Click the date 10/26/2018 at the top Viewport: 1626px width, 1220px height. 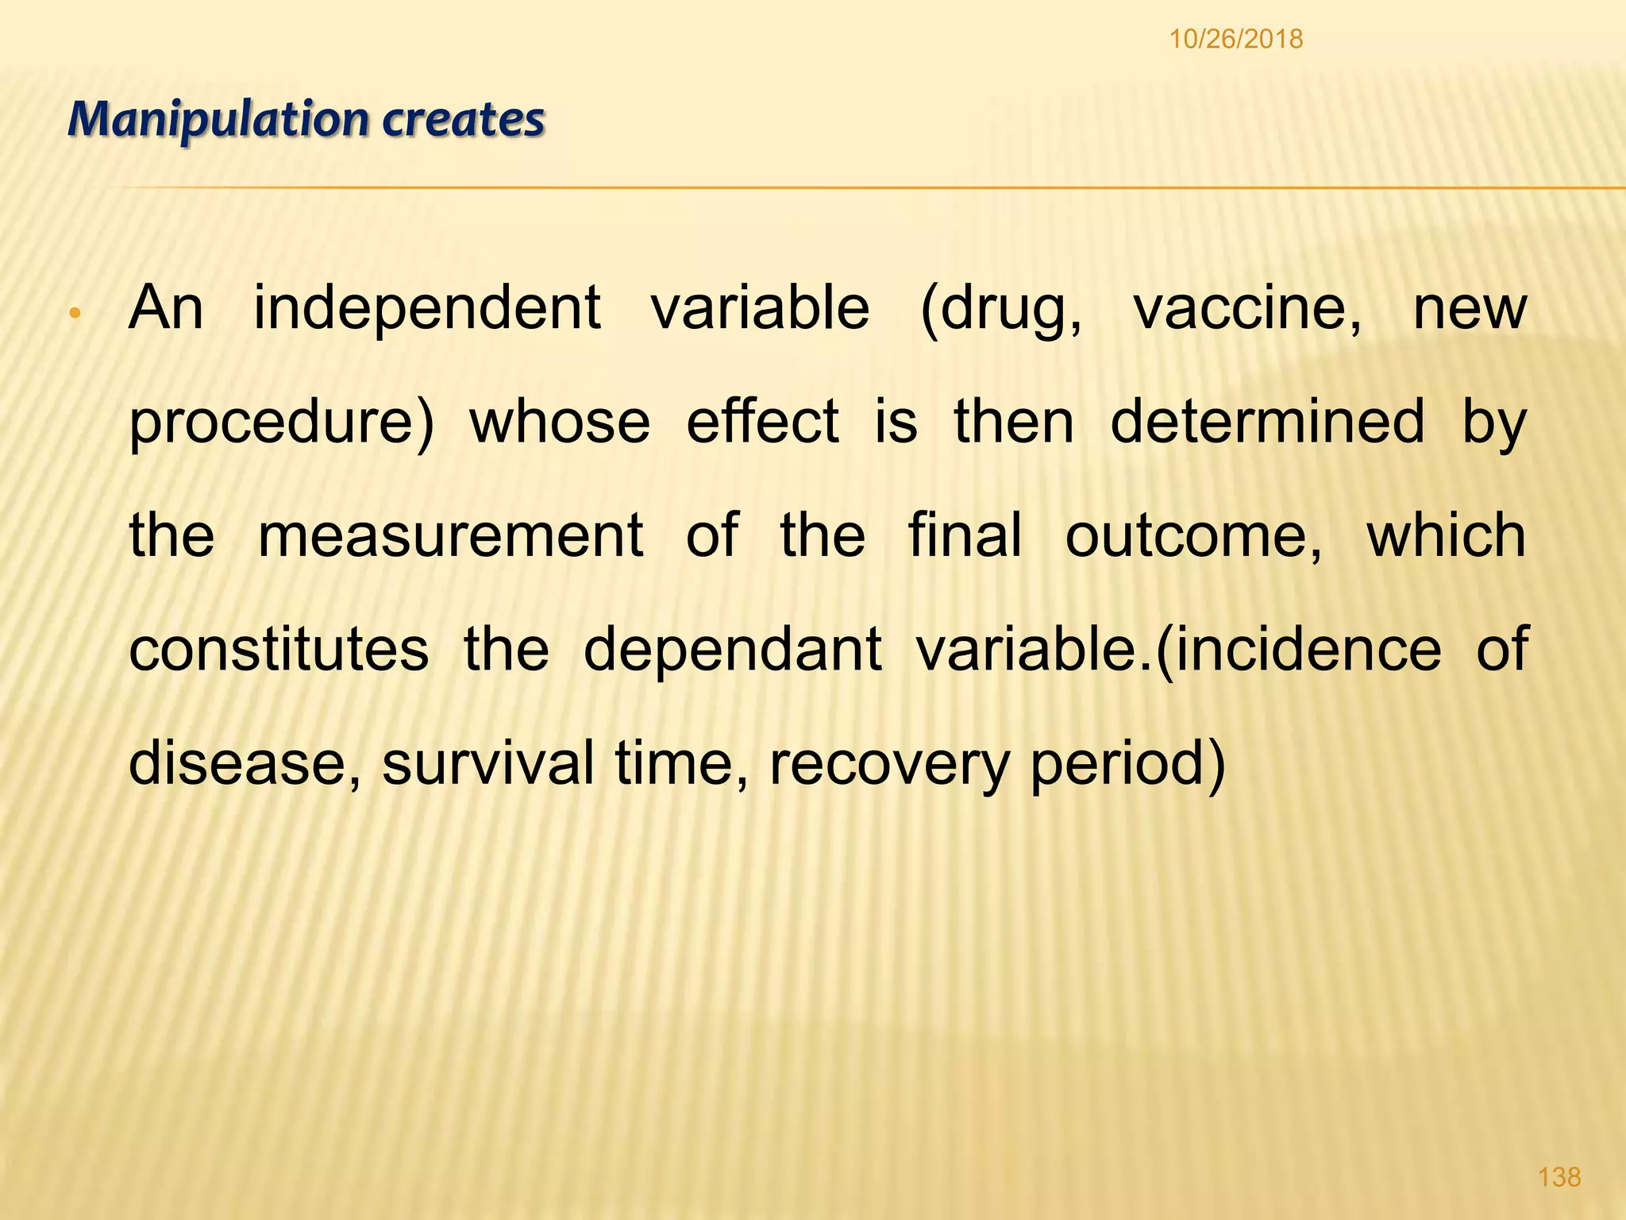pyautogui.click(x=1235, y=38)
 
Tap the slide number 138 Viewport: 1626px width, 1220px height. pyautogui.click(x=1559, y=1176)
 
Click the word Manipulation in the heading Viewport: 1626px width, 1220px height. pyautogui.click(x=218, y=120)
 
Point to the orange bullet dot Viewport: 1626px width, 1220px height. pyautogui.click(x=74, y=313)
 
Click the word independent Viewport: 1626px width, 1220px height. pyautogui.click(x=426, y=307)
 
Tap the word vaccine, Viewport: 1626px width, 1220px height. pyautogui.click(x=1246, y=307)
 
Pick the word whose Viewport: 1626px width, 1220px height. pyautogui.click(x=560, y=421)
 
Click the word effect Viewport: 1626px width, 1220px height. pyautogui.click(x=762, y=421)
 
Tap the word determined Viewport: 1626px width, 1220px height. pyautogui.click(x=1267, y=421)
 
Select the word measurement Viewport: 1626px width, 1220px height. pyautogui.click(x=450, y=535)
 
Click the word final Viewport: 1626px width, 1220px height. pyautogui.click(x=965, y=535)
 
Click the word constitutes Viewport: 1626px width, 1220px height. pyautogui.click(x=279, y=649)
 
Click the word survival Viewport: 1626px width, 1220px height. pyautogui.click(x=487, y=762)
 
